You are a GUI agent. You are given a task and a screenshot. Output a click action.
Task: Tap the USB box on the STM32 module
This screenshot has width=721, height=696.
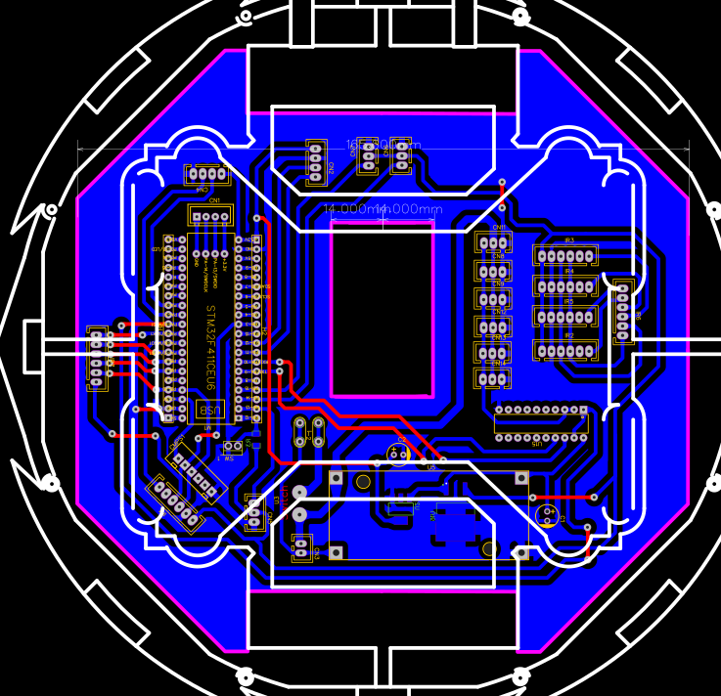pos(209,409)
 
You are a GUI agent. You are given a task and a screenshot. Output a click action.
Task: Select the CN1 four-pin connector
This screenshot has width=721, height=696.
pos(208,216)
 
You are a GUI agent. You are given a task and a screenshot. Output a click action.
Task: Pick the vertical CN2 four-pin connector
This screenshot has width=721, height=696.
pos(315,162)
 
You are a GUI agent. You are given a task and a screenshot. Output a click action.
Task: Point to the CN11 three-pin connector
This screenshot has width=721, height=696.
pos(493,241)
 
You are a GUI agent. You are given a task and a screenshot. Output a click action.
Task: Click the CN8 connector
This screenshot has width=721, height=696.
pos(493,270)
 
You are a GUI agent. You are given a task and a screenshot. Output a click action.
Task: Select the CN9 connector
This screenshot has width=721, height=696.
pos(493,297)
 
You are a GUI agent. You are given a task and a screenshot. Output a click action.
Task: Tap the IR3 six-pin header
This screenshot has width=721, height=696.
pos(564,255)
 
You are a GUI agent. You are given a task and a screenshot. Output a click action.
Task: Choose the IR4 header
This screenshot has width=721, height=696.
pos(564,286)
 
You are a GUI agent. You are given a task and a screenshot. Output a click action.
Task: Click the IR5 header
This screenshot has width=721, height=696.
pos(564,317)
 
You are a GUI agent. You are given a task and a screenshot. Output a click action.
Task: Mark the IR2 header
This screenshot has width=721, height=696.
pos(564,349)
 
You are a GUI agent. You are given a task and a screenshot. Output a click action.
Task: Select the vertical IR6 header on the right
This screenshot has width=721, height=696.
pos(622,312)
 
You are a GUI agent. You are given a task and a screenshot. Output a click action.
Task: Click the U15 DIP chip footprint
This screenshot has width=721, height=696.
pos(541,423)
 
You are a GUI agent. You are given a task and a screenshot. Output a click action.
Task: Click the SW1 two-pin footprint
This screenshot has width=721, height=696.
pos(233,448)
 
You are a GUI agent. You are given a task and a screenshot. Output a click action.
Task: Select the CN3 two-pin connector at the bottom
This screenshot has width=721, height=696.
pos(301,547)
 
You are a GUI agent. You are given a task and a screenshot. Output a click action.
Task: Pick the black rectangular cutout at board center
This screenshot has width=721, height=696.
pos(383,309)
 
